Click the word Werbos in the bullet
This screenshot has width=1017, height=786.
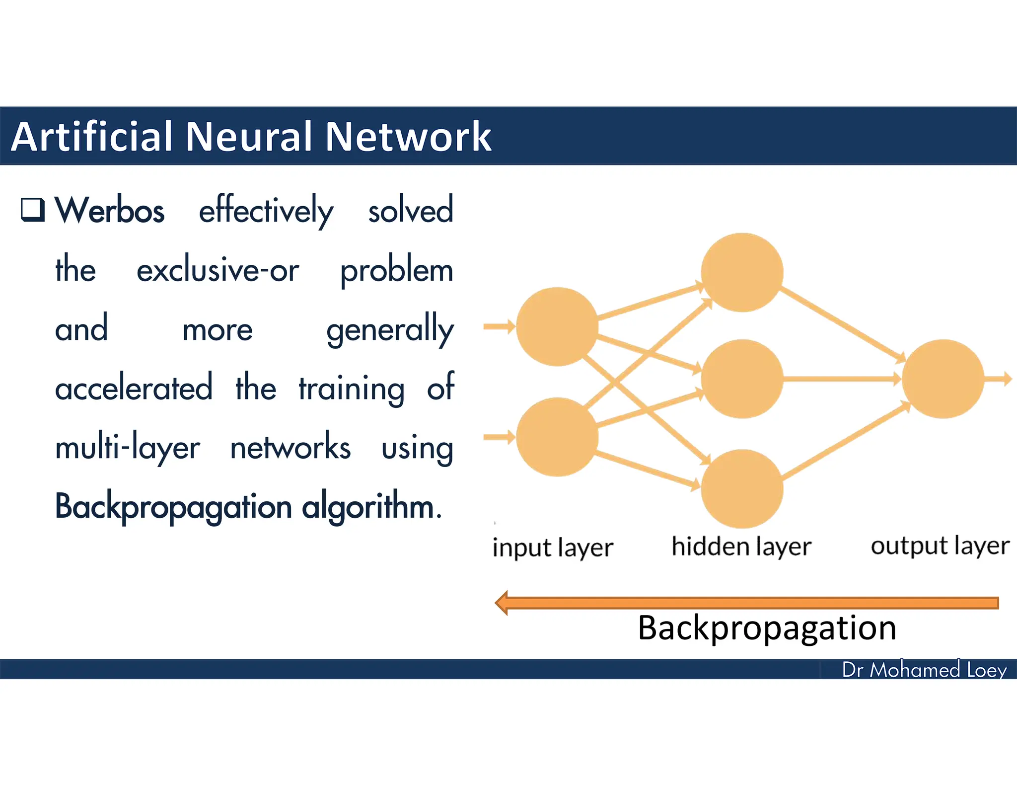click(x=109, y=211)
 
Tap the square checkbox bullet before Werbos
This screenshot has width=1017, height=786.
click(x=33, y=209)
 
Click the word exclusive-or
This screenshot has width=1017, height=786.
click(x=218, y=271)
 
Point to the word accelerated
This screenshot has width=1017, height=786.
click(x=134, y=389)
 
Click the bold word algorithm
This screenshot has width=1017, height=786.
click(x=371, y=507)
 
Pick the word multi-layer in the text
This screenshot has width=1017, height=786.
click(x=127, y=448)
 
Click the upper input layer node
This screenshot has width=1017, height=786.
click(x=557, y=326)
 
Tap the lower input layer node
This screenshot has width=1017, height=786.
click(x=557, y=437)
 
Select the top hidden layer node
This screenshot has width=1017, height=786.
click(x=742, y=272)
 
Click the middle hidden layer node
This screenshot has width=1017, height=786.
click(x=742, y=379)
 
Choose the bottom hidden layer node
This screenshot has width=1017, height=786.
click(x=742, y=488)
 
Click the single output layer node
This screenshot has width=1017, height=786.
click(x=942, y=379)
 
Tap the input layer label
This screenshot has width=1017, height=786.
click(x=553, y=548)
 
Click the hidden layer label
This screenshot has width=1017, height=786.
click(x=741, y=547)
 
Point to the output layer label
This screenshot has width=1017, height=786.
click(x=940, y=546)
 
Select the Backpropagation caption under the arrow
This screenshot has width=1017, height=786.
click(x=767, y=628)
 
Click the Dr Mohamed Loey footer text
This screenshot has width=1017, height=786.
click(x=924, y=670)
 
